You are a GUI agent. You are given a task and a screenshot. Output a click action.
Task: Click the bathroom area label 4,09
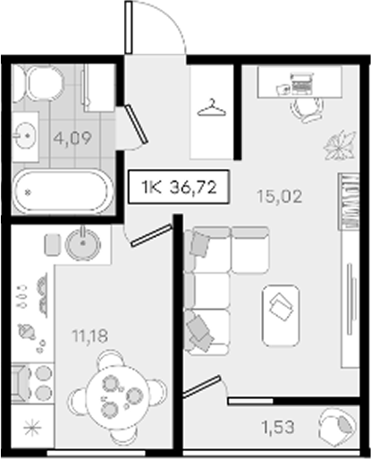point(72,139)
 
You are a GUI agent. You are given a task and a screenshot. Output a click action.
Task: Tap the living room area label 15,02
point(280,196)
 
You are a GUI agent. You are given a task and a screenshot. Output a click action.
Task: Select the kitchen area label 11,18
point(89,336)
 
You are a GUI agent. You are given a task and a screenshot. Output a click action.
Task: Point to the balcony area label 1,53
point(278,427)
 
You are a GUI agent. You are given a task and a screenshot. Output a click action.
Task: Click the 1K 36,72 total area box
point(179,187)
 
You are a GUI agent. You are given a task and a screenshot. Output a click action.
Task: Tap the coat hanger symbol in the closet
point(212,108)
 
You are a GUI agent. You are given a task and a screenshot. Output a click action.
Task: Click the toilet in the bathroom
point(38,82)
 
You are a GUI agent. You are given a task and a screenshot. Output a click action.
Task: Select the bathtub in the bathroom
point(63,191)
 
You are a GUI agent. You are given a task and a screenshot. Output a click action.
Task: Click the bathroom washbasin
point(25,135)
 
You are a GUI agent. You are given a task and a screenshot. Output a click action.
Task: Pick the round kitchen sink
point(83,243)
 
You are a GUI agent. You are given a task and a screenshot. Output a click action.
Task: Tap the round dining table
point(117,396)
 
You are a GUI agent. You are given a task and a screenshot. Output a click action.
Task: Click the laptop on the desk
point(301,83)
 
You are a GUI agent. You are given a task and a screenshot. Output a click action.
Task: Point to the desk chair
point(307,110)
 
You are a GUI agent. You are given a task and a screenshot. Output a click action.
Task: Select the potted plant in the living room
point(341,145)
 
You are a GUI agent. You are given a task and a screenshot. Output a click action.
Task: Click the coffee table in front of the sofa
point(281,316)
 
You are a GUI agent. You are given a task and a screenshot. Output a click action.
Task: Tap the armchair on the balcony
point(337,425)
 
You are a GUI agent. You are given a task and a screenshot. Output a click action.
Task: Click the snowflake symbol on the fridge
point(32,428)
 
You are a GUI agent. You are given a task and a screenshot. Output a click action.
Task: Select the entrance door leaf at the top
point(129,27)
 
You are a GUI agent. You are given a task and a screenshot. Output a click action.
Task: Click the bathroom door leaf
point(136,123)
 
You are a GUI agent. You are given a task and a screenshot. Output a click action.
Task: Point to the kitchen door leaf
point(151,235)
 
